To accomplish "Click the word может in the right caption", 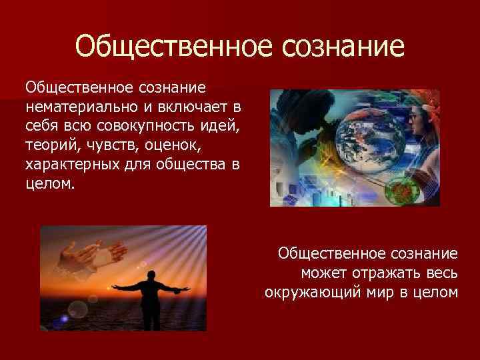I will point(325,272).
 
